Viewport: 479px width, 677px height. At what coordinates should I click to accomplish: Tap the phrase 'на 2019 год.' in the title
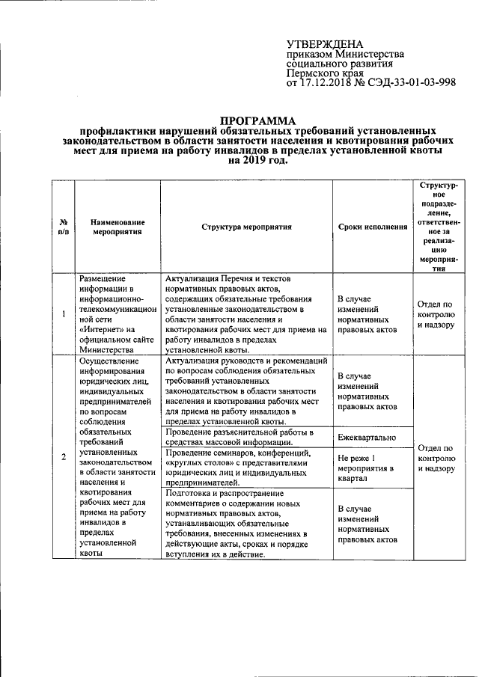tap(257, 160)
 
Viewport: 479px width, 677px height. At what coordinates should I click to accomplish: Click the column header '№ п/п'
tap(64, 227)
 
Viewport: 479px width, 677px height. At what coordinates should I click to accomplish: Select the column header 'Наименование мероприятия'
tap(118, 227)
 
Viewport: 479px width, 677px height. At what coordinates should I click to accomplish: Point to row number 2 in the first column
tap(64, 457)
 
